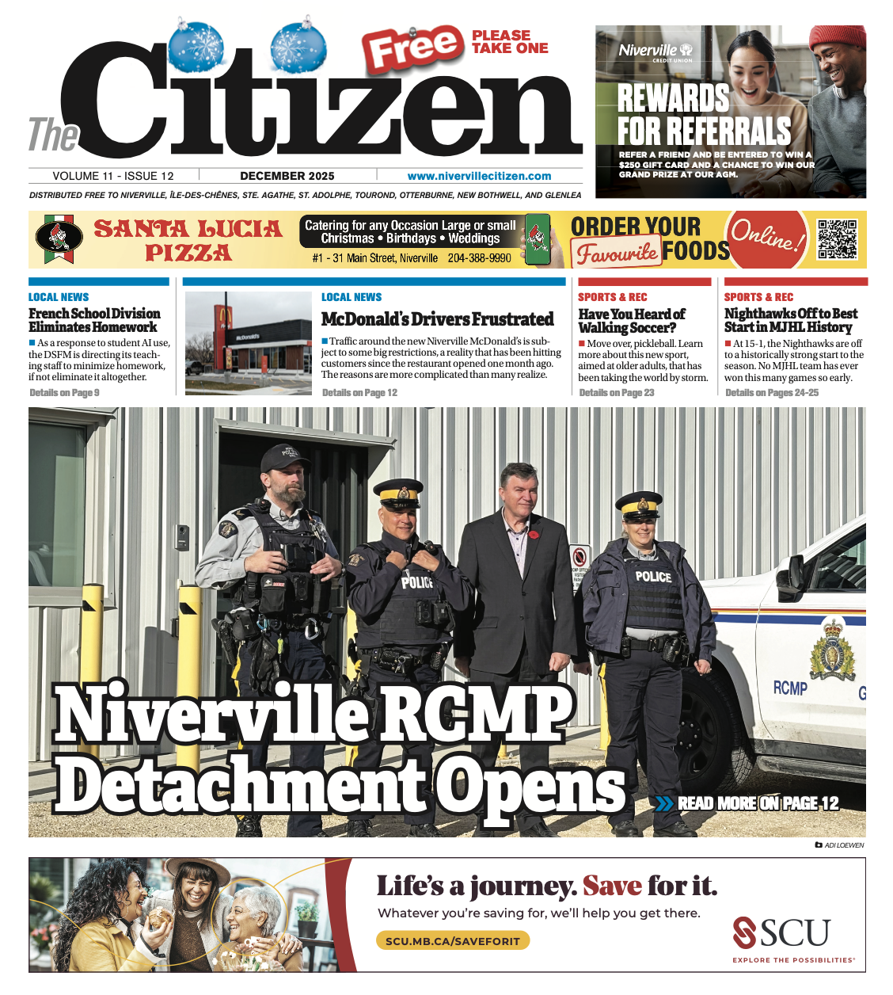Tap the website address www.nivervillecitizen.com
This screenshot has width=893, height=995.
[x=479, y=176]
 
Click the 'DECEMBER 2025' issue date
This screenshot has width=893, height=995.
[x=287, y=176]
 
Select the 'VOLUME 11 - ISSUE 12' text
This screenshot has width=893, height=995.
[x=113, y=176]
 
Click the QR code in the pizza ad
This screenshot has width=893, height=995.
[x=837, y=239]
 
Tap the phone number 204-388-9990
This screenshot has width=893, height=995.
[x=480, y=258]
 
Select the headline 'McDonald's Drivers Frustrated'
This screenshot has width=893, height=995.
[x=437, y=319]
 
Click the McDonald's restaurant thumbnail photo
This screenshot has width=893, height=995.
[x=249, y=343]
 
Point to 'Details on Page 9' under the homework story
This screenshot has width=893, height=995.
[x=64, y=392]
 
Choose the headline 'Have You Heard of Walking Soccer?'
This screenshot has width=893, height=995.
[x=632, y=321]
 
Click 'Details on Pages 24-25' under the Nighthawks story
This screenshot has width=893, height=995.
[x=772, y=392]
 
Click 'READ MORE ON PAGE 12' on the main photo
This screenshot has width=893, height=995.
[x=757, y=803]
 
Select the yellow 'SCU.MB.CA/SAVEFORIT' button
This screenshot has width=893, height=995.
[x=452, y=941]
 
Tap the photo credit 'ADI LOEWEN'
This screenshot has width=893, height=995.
[x=844, y=845]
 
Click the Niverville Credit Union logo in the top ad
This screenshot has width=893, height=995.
[x=655, y=51]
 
